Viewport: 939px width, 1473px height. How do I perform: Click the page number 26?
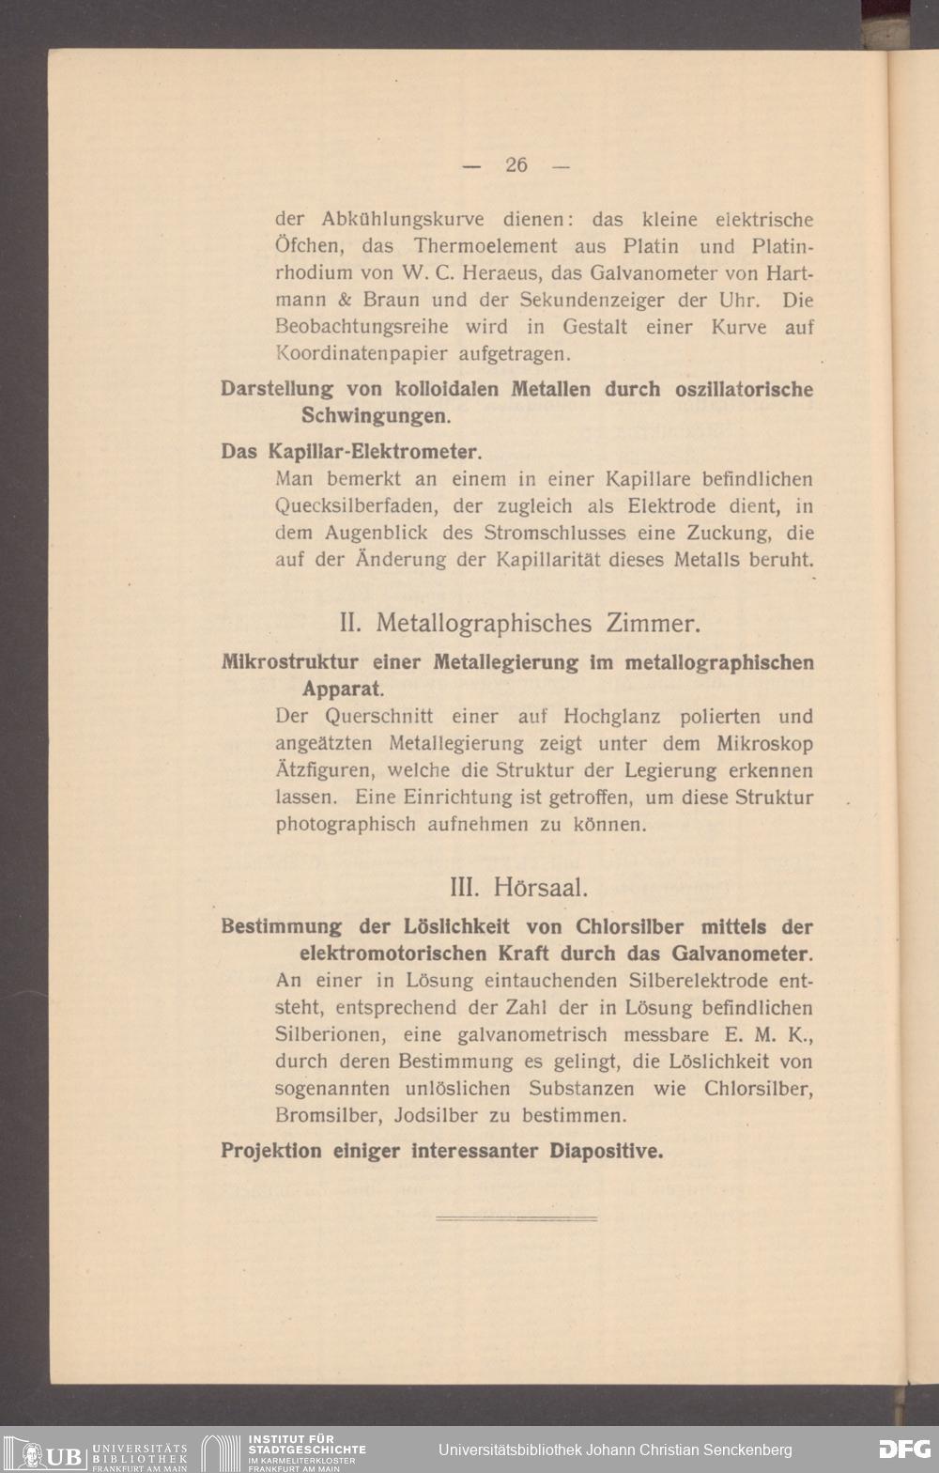click(x=516, y=164)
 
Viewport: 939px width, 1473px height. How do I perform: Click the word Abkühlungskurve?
click(x=403, y=220)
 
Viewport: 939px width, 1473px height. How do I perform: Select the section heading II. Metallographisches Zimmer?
click(x=519, y=623)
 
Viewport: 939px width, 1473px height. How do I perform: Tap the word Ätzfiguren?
click(x=324, y=771)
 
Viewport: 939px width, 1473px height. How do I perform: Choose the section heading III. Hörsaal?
click(x=519, y=887)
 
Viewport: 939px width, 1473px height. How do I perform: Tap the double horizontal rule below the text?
click(x=516, y=1218)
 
